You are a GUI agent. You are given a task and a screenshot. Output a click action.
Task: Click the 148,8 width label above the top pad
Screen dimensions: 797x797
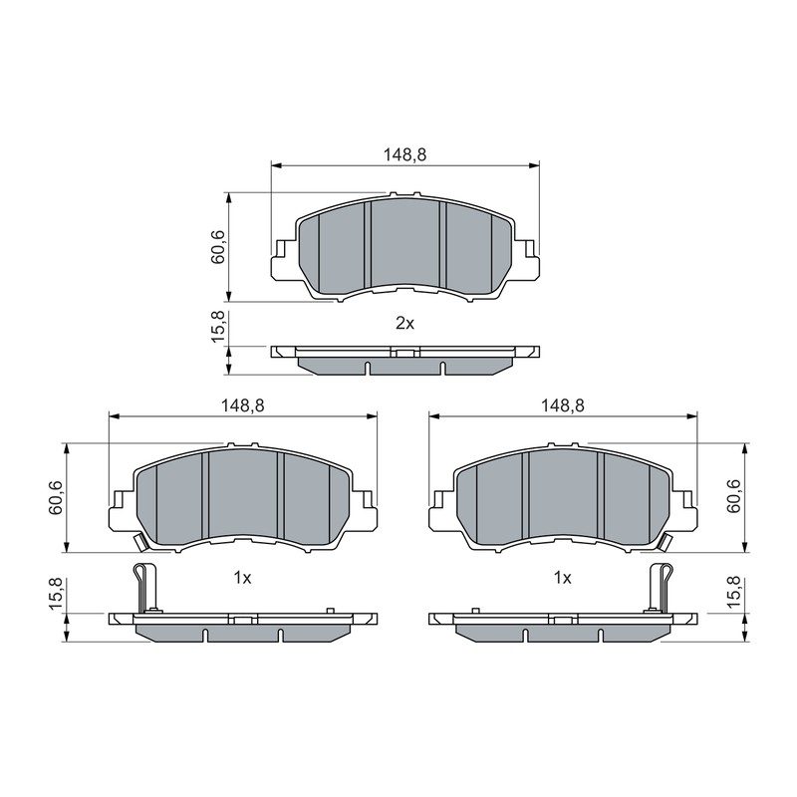(404, 155)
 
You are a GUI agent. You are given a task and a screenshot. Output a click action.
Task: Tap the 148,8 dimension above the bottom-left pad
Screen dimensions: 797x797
(243, 405)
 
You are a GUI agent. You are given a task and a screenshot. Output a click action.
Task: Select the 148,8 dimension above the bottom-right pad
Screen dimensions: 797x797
(563, 405)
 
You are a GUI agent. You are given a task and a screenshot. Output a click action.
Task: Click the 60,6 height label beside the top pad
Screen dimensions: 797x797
(217, 247)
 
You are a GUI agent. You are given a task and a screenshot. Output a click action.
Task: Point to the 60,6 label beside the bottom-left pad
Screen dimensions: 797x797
(56, 497)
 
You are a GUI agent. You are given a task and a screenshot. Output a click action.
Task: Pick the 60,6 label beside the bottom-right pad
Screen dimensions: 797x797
(733, 496)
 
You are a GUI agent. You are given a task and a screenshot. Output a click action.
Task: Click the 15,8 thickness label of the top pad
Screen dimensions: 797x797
(217, 328)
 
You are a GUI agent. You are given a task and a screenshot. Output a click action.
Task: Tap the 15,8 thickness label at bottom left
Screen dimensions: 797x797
(56, 593)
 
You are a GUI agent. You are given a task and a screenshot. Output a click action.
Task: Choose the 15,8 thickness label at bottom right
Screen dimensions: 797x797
(733, 593)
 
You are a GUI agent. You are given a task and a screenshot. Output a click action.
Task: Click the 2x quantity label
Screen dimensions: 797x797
(405, 323)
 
